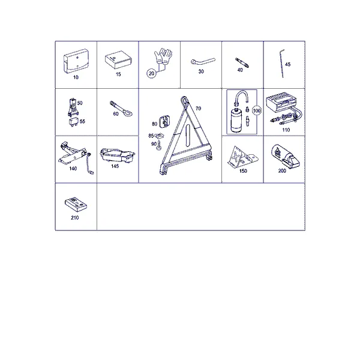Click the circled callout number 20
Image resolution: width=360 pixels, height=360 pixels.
tap(152, 73)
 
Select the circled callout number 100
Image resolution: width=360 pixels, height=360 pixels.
tap(257, 110)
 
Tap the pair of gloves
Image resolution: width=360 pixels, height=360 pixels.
tap(163, 56)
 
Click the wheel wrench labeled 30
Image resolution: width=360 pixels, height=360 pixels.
tap(203, 61)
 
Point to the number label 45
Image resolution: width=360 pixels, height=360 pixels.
tap(287, 64)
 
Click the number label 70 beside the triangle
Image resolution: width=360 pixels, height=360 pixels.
tap(199, 109)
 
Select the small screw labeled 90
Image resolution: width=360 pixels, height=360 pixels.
tap(159, 146)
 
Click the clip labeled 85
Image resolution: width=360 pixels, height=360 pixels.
tap(160, 136)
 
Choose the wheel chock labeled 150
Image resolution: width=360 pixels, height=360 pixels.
tap(242, 155)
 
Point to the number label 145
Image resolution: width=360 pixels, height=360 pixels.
tap(115, 166)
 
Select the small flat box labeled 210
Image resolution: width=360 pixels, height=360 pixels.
tap(76, 205)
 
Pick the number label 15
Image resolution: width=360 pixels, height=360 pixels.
tap(118, 74)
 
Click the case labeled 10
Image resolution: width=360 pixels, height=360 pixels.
tap(76, 61)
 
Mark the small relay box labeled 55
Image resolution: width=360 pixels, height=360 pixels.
tap(74, 122)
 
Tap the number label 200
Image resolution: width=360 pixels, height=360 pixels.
tap(282, 170)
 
